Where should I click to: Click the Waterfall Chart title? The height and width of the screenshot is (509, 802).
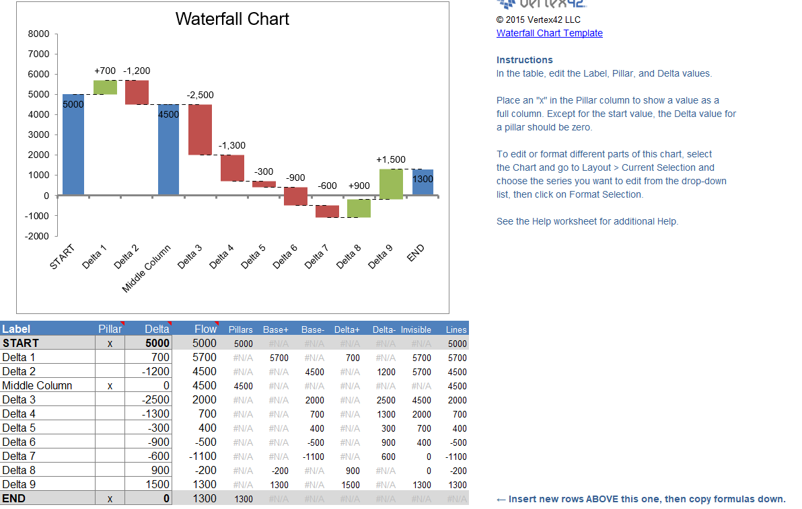(232, 19)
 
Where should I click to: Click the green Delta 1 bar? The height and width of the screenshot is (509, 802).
(105, 87)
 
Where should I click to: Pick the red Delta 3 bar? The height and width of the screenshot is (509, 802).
(200, 130)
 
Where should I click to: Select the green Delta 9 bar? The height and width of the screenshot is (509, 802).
(391, 184)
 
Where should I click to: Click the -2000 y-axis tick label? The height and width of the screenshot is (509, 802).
(37, 236)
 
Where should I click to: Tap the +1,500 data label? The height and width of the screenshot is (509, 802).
(391, 159)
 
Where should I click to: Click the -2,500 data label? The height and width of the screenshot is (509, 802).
(200, 95)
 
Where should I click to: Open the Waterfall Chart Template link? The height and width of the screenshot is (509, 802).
(549, 33)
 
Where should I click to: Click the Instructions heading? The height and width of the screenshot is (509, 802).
(524, 60)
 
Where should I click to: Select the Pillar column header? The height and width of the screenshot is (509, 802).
(110, 329)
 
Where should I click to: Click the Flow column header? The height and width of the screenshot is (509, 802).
(205, 329)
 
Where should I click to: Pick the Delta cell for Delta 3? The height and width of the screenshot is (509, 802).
(149, 400)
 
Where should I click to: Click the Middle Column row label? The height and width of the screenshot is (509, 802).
(37, 386)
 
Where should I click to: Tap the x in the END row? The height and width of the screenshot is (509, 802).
(110, 499)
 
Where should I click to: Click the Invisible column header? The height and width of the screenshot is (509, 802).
(416, 329)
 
